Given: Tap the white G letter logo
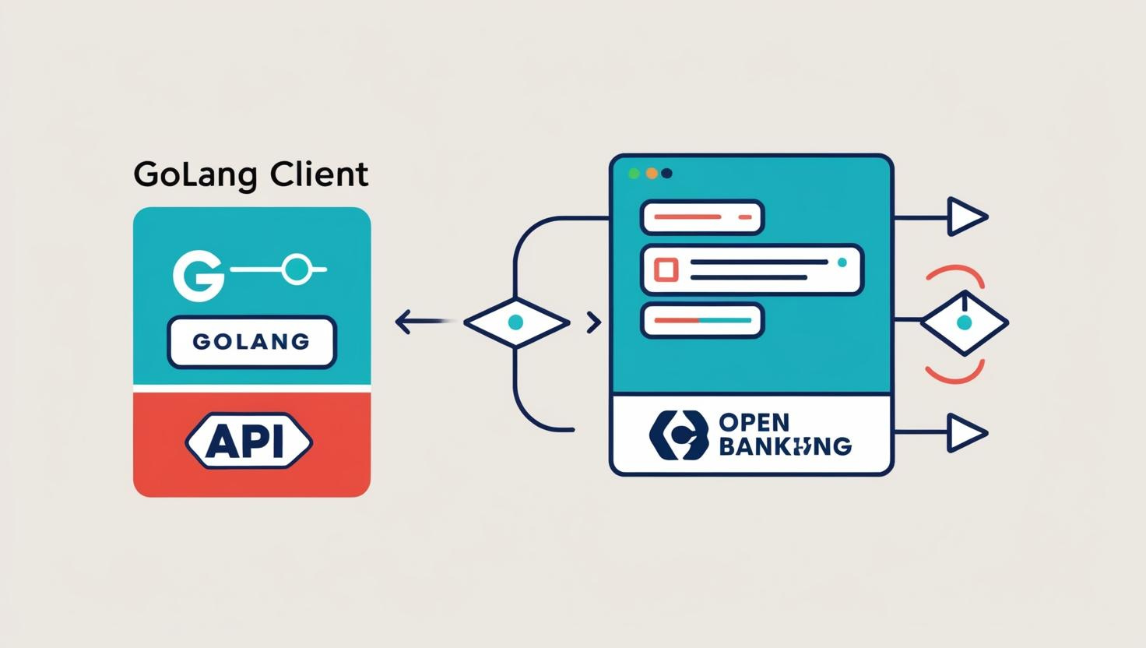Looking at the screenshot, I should pyautogui.click(x=196, y=275).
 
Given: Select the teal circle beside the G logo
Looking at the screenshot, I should pyautogui.click(x=296, y=269).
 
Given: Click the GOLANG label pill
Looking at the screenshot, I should pyautogui.click(x=251, y=341).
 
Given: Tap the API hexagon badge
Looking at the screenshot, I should pyautogui.click(x=249, y=442).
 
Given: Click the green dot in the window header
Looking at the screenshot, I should pyautogui.click(x=634, y=173).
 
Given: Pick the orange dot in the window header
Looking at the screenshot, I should pyautogui.click(x=652, y=173).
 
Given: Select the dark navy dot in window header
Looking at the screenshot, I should pyautogui.click(x=666, y=173).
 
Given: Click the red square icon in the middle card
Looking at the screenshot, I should pyautogui.click(x=666, y=269).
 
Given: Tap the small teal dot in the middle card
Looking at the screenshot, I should pyautogui.click(x=842, y=263).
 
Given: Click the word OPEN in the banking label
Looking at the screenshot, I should pyautogui.click(x=754, y=423).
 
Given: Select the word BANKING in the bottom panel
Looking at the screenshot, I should pyautogui.click(x=785, y=446).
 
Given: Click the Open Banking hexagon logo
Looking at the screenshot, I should pyautogui.click(x=679, y=435).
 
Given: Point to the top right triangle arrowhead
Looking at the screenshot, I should pyautogui.click(x=966, y=217).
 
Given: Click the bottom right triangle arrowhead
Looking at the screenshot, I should pyautogui.click(x=966, y=432).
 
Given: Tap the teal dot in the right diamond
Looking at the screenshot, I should pyautogui.click(x=964, y=322).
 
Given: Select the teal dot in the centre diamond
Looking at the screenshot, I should pyautogui.click(x=515, y=322).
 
